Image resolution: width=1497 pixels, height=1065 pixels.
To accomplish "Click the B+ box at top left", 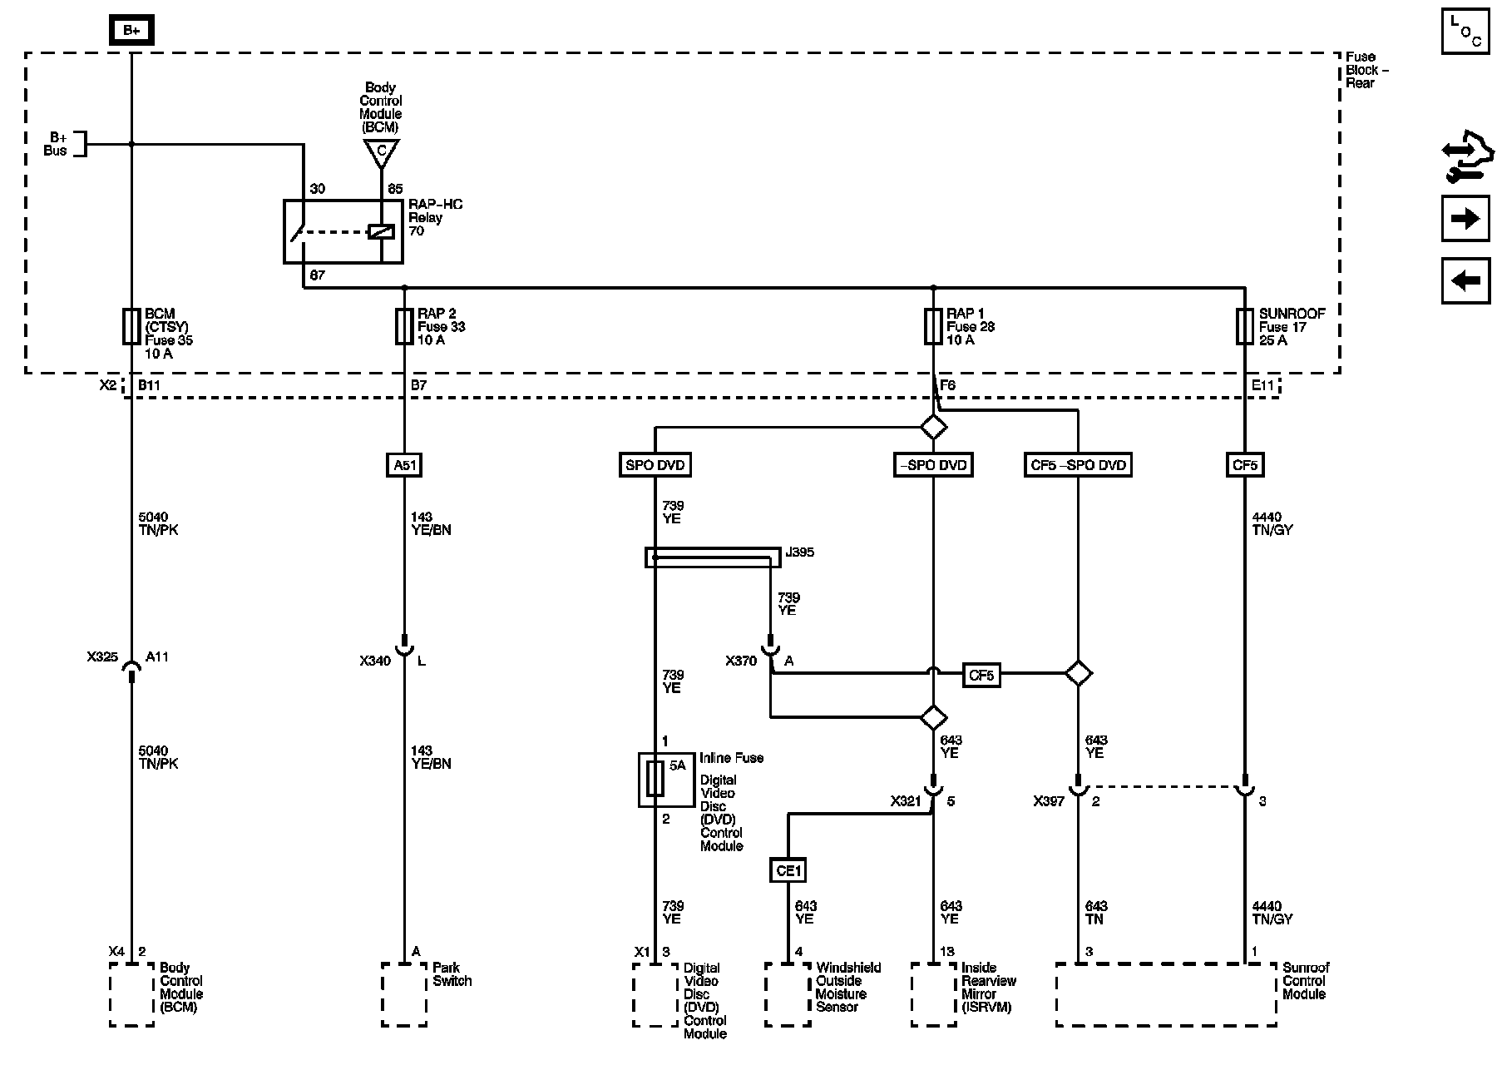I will point(131,31).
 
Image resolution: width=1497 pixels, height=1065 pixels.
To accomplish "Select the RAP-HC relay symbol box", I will point(343,231).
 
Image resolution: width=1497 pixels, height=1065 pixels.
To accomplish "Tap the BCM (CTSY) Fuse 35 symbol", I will point(131,326).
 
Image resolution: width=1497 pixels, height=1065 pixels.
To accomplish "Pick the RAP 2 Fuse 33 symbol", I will point(404,326).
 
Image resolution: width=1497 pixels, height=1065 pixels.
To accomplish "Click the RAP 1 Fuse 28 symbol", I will point(933,326).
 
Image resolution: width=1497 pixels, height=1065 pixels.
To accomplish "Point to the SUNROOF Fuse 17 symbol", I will point(1244,326).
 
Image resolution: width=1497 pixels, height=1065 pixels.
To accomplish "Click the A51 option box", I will point(404,464).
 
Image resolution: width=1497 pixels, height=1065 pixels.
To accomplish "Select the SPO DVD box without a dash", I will point(655,464).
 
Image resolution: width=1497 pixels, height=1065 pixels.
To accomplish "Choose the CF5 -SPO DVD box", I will point(1078,464).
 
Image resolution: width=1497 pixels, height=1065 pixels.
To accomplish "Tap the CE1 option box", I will point(788,870).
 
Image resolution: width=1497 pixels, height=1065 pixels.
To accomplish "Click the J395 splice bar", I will point(713,557).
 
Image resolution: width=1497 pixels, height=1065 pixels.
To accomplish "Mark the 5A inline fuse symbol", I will point(656,780).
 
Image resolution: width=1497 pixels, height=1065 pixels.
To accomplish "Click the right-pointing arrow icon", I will point(1465,219).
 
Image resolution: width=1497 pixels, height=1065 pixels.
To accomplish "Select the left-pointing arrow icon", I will point(1465,280).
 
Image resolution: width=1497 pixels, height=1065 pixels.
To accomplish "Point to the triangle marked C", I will point(381,152).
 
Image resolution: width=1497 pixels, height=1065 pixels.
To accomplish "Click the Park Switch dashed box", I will point(404,994).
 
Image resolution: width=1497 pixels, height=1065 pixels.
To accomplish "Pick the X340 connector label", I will point(375,661).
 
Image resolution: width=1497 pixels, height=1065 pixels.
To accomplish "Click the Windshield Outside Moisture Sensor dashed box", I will point(788,994).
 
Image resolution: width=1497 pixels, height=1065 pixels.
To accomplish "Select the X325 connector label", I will point(102,656).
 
